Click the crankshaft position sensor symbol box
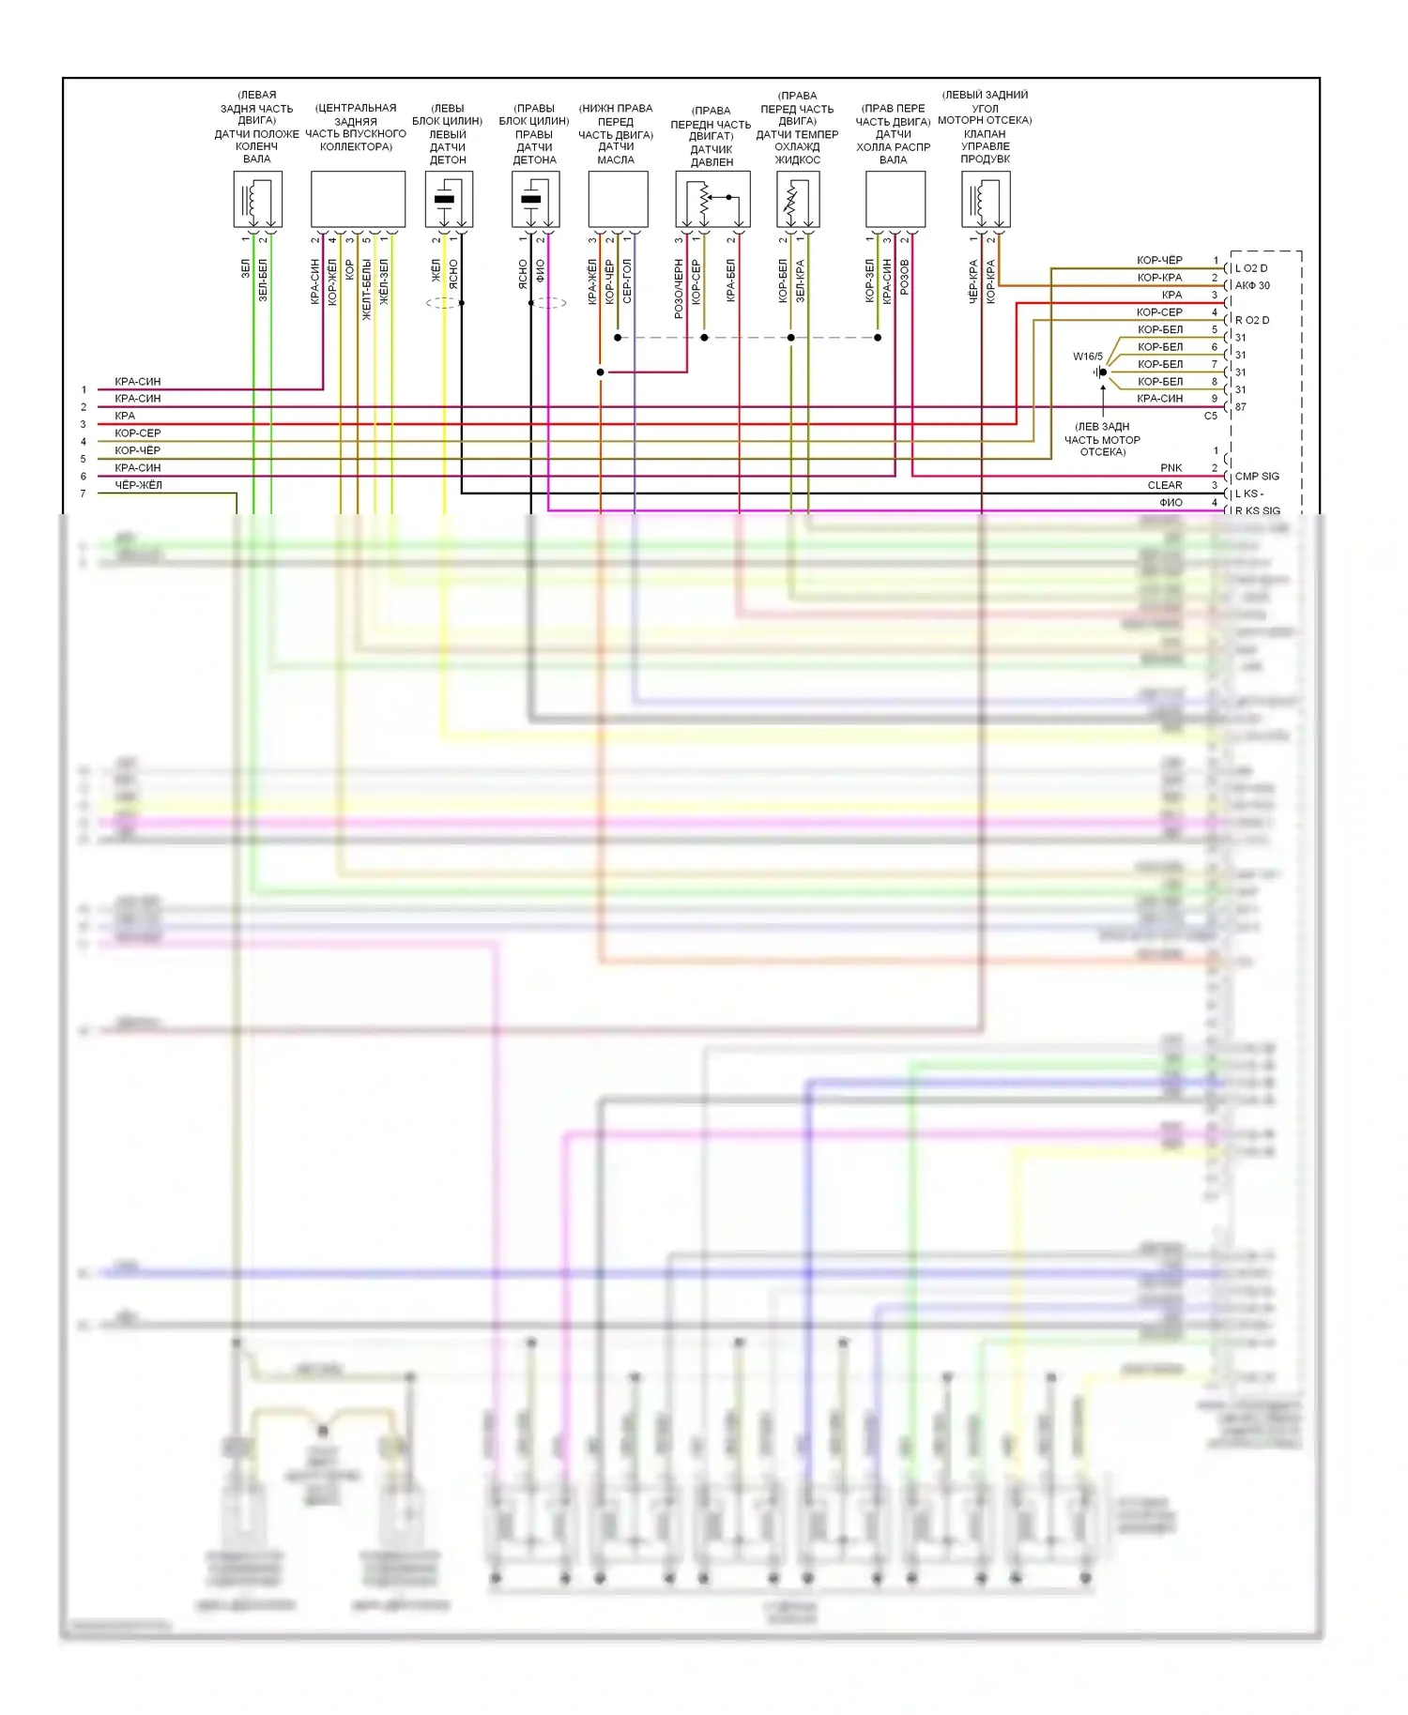tap(257, 198)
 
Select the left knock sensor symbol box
tap(449, 198)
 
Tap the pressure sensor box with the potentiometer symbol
tap(712, 198)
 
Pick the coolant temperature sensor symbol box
tap(798, 198)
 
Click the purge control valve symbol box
tap(985, 198)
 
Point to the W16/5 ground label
tap(1088, 357)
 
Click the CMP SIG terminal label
tap(1257, 477)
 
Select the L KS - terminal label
tap(1249, 493)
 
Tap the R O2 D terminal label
tap(1252, 320)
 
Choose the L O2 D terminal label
tap(1251, 268)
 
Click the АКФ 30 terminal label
tap(1252, 285)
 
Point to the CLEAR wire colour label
tap(1165, 485)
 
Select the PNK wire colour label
tap(1171, 468)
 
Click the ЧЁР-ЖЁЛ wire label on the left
tap(138, 485)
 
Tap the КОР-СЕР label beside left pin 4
tap(137, 433)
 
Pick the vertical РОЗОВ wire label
tap(905, 278)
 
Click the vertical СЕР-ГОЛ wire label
tap(627, 281)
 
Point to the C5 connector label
tap(1210, 416)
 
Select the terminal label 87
tap(1241, 407)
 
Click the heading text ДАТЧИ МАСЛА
tap(616, 153)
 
